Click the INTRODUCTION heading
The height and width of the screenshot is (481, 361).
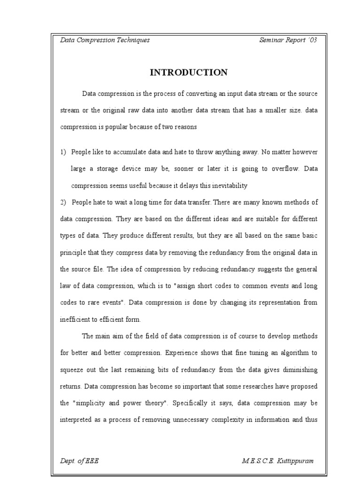coord(188,72)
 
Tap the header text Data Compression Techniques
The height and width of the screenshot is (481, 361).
coord(105,40)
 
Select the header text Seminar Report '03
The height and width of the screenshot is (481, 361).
coord(288,40)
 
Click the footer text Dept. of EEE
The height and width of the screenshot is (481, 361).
coord(79,461)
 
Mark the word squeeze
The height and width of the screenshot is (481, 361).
coord(72,370)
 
